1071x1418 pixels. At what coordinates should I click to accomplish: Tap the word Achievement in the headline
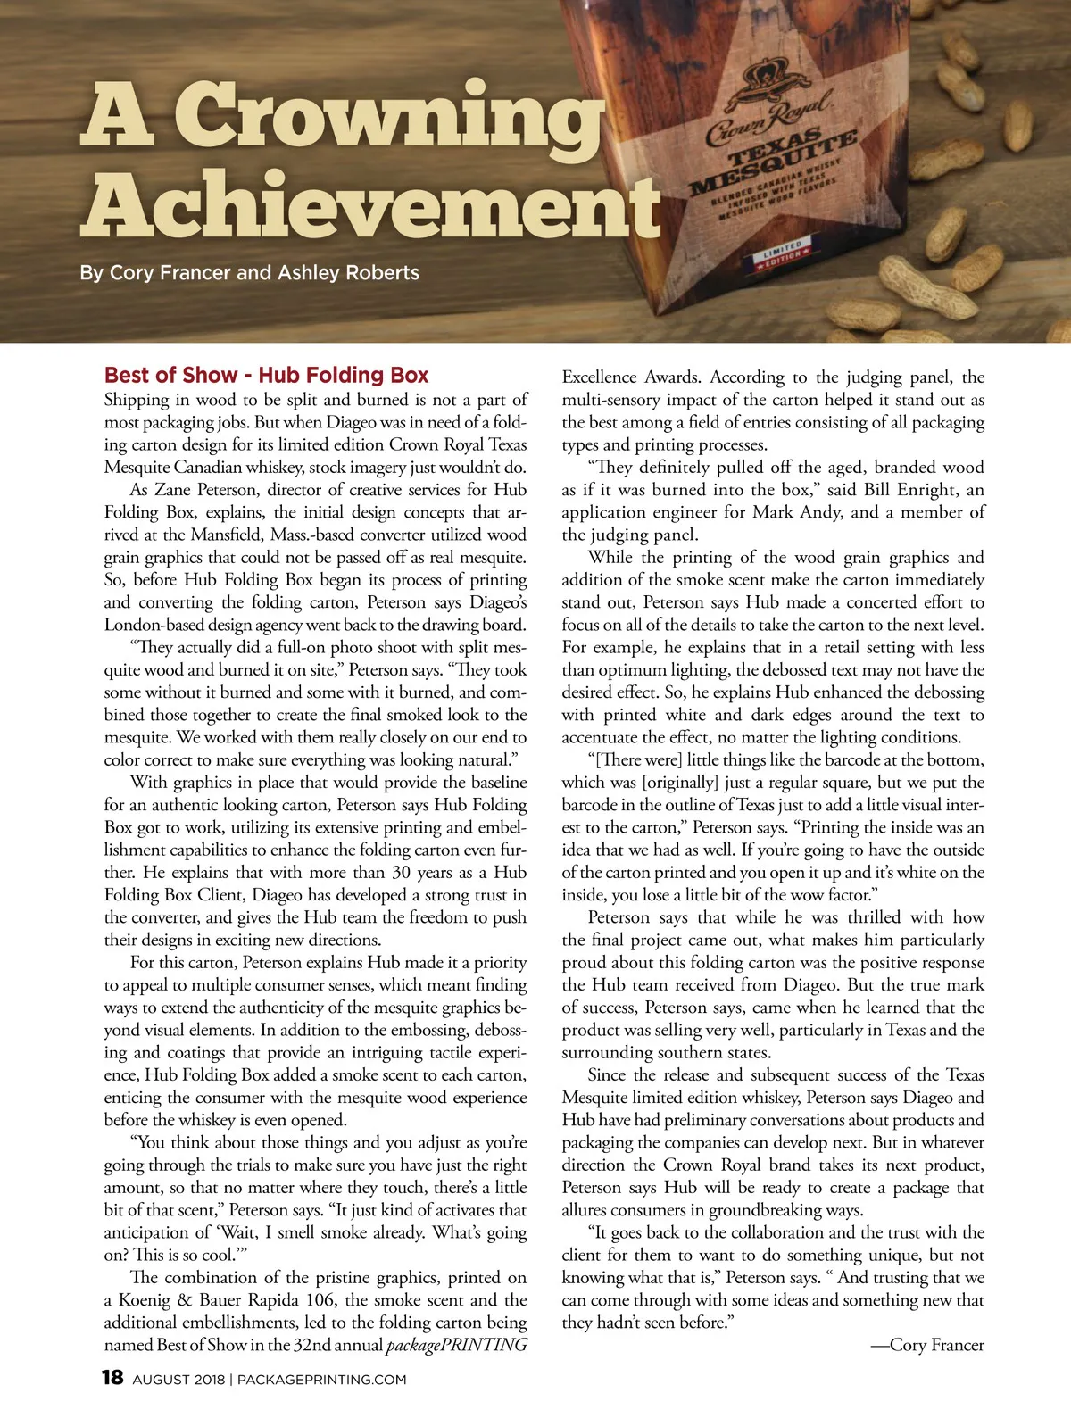370,206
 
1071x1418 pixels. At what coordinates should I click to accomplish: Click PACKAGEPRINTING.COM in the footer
321,1380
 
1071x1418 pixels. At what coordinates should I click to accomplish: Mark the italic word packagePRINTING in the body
456,1345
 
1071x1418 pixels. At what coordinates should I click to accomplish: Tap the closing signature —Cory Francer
927,1345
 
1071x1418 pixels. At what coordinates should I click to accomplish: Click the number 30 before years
401,873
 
